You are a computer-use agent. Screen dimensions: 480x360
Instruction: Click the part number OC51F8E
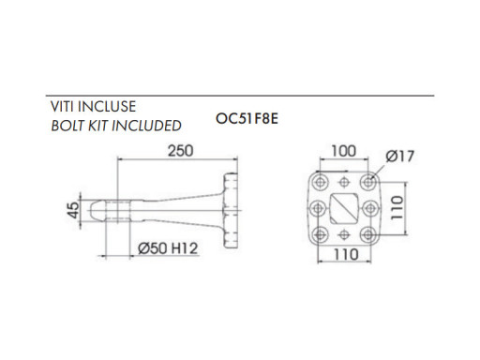[x=247, y=118]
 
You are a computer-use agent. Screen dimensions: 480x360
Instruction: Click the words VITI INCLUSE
[x=93, y=107]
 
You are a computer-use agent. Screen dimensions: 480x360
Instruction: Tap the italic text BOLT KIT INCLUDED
[x=116, y=126]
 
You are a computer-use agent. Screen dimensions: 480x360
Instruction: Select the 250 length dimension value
[x=181, y=151]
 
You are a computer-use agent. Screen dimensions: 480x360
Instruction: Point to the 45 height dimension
[x=74, y=210]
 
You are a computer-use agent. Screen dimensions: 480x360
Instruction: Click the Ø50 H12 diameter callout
[x=168, y=248]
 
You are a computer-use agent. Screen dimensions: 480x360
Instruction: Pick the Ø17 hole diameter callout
[x=400, y=157]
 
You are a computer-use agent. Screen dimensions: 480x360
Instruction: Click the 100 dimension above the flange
[x=343, y=151]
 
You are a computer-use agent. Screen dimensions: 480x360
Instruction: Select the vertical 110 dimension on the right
[x=397, y=207]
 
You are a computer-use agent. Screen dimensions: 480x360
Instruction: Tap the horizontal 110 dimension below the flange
[x=346, y=254]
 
